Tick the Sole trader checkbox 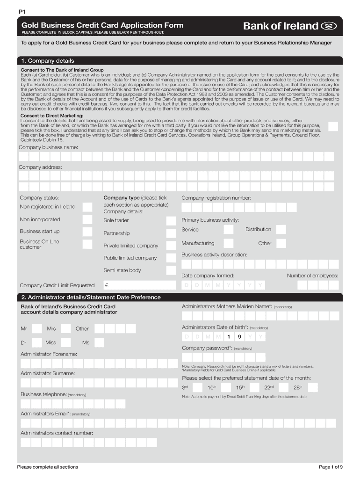[x=171, y=221]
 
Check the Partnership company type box [x=171, y=233]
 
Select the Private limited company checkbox [x=171, y=246]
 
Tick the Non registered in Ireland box [x=87, y=207]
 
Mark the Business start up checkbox [x=87, y=232]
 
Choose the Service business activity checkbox [x=228, y=230]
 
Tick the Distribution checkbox [x=281, y=230]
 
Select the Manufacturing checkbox [x=228, y=243]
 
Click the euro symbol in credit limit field [x=107, y=285]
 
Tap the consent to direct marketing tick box [x=333, y=127]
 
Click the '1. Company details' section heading [x=47, y=61]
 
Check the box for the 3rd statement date [x=198, y=388]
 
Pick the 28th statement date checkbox [x=313, y=388]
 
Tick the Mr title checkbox [x=37, y=329]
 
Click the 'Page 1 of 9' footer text [x=331, y=467]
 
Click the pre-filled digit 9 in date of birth [x=239, y=337]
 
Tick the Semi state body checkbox [x=171, y=270]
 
